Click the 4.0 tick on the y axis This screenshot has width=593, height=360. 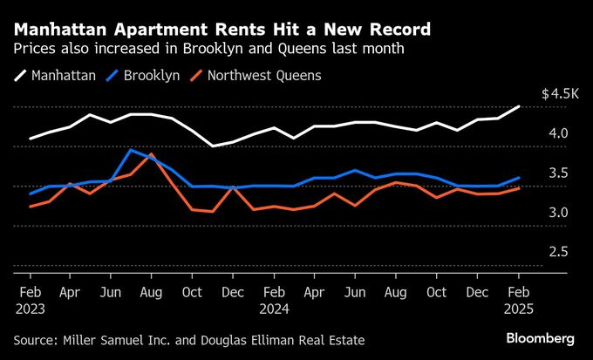pos(558,133)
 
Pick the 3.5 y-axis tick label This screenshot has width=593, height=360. pos(558,173)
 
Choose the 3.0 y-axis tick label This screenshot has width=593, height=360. pos(558,213)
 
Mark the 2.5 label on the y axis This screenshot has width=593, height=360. pos(558,252)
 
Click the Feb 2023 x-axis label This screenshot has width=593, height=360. pos(31,299)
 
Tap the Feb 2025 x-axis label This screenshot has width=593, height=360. pos(520,299)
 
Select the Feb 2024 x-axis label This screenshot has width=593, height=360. pos(275,299)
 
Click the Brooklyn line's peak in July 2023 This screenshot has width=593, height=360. pos(131,150)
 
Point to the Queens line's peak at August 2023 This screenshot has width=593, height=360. pos(152,155)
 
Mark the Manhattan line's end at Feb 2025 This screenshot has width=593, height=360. pos(520,106)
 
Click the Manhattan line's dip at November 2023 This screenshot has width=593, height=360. pos(213,146)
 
